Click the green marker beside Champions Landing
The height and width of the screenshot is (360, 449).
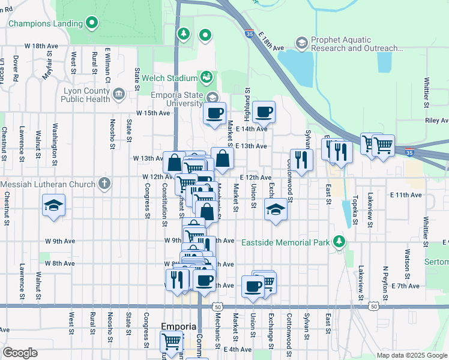click(92, 23)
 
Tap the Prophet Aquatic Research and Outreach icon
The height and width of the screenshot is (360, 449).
click(301, 43)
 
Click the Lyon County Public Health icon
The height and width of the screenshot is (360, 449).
click(118, 94)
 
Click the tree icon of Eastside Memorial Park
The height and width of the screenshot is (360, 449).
click(340, 242)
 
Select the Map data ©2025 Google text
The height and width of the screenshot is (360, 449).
click(411, 355)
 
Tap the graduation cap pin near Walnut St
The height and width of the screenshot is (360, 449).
click(54, 206)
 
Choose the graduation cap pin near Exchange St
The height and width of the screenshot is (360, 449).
click(276, 209)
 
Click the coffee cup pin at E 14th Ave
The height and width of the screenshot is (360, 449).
click(263, 111)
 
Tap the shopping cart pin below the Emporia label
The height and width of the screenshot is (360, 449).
click(172, 341)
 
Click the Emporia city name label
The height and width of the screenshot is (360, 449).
click(179, 326)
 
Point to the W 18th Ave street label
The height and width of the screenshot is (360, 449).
click(41, 46)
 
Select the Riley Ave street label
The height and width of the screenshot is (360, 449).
click(436, 121)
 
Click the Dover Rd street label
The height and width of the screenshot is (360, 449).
click(16, 65)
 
